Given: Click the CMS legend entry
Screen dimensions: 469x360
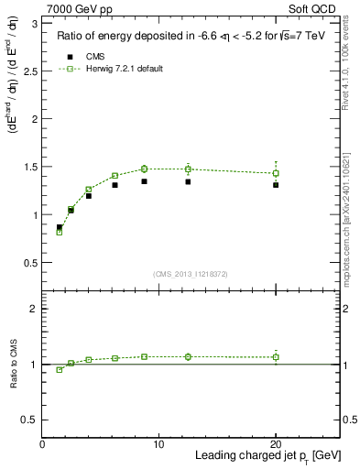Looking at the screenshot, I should click(x=96, y=57).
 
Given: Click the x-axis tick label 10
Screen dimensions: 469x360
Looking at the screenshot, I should click(x=158, y=444).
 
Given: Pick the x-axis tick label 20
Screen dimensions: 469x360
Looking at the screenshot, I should click(x=276, y=444).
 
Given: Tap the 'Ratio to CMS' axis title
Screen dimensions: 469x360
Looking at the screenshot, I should click(x=14, y=364).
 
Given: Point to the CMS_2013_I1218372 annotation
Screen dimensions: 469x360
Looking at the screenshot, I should click(x=191, y=274).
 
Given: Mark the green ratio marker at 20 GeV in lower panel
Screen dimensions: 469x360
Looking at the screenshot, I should click(x=276, y=357).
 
